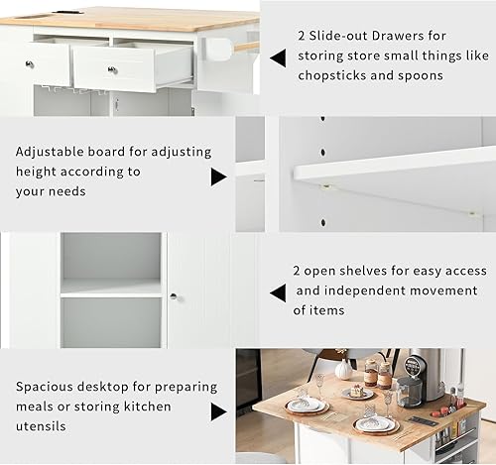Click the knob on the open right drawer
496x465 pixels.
112,69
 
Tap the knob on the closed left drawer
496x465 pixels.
29,63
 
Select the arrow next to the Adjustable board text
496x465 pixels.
218,176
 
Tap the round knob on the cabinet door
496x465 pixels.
173,296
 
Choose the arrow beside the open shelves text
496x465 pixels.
278,291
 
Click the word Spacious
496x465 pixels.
47,388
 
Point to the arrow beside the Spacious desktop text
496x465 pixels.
218,407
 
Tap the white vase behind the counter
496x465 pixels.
343,369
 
